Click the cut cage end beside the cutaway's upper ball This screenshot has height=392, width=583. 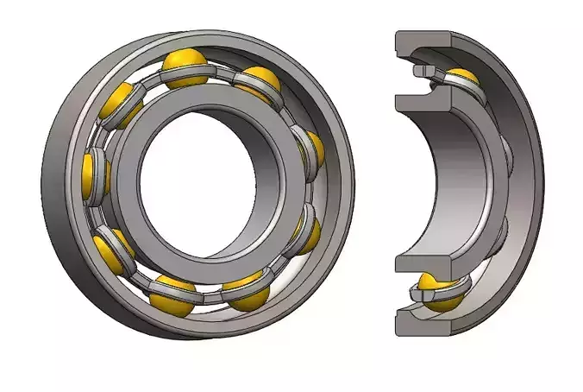[423, 72]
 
